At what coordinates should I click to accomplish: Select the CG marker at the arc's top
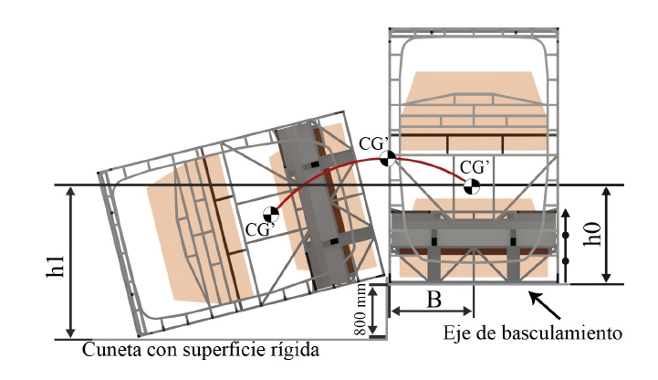pyautogui.click(x=388, y=158)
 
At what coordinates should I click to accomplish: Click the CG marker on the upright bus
pyautogui.click(x=472, y=187)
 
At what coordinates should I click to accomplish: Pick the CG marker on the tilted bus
pyautogui.click(x=270, y=216)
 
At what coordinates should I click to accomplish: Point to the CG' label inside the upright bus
pyautogui.click(x=476, y=168)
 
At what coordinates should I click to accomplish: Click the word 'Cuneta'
pyautogui.click(x=108, y=350)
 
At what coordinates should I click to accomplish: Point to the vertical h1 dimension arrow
pyautogui.click(x=70, y=263)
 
